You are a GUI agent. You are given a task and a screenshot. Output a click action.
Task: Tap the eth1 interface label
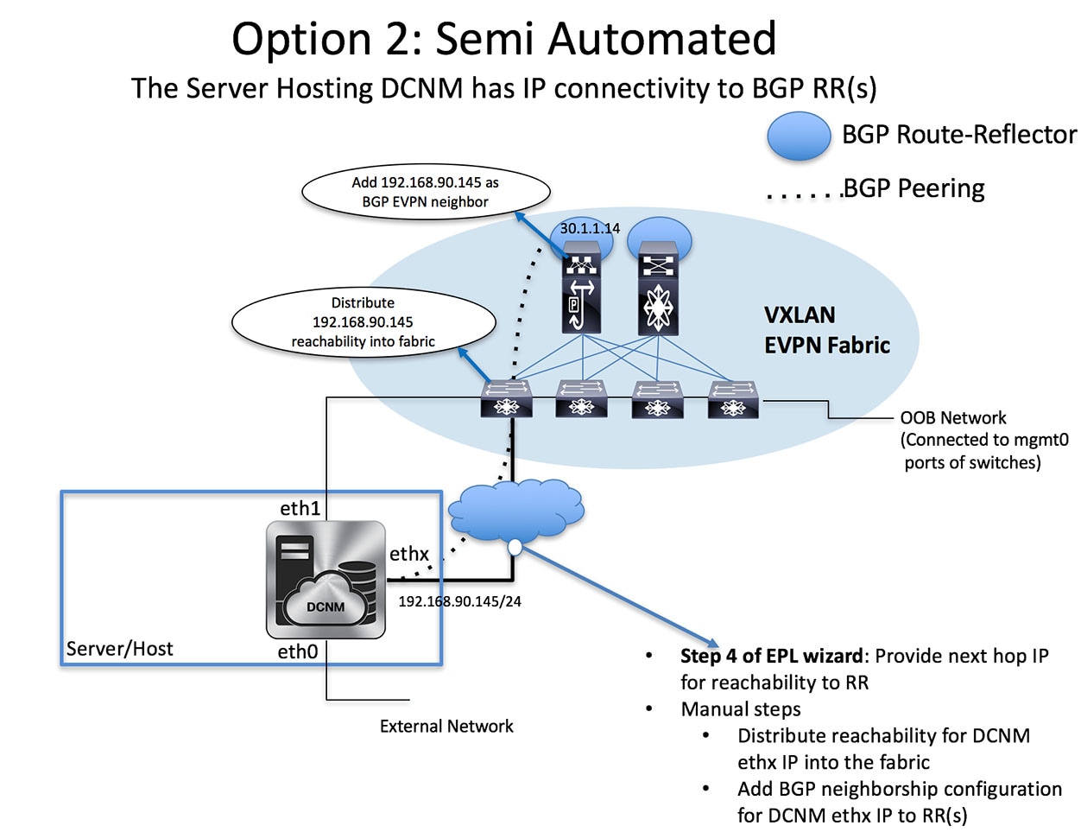coord(300,508)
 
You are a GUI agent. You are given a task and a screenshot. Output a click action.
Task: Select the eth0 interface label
coord(298,651)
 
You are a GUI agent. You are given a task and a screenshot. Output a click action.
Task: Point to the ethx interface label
coord(408,553)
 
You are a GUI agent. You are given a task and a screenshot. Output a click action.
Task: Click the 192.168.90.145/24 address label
coord(459,601)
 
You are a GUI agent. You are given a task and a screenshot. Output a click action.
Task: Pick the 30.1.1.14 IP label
coord(590,228)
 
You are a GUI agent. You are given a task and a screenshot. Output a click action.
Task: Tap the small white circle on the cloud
coord(515,546)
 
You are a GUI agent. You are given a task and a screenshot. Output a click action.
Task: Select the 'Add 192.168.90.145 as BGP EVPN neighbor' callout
coord(425,192)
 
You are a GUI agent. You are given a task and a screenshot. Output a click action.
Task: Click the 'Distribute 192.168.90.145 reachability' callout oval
coord(363,322)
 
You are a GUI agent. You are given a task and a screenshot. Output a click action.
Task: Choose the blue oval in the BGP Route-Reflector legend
coord(799,137)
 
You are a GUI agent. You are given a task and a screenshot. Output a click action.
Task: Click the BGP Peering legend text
coord(913,188)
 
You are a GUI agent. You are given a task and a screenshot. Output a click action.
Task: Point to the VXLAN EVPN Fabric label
coord(826,330)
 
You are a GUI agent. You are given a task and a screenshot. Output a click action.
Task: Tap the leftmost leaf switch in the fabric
coord(506,399)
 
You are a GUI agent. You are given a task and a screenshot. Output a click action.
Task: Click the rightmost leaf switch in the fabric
coord(733,399)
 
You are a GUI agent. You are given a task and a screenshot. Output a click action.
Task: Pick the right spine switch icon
coord(659,295)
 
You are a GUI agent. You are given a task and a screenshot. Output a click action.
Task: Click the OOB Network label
coord(953,418)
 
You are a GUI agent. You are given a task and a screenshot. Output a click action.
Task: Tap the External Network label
coord(446,727)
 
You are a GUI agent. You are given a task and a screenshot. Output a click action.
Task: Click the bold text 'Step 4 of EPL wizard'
coord(771,656)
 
